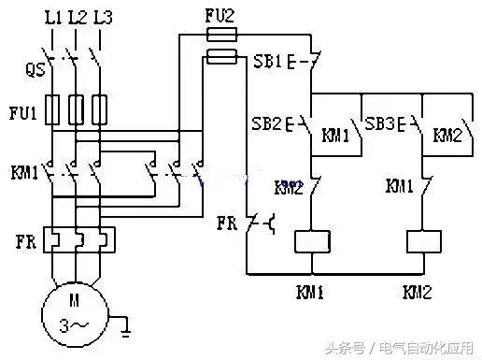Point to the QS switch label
[x=35, y=68]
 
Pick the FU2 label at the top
[x=220, y=16]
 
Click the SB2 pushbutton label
[x=269, y=123]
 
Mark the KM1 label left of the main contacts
[x=24, y=172]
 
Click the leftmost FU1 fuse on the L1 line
[x=53, y=109]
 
